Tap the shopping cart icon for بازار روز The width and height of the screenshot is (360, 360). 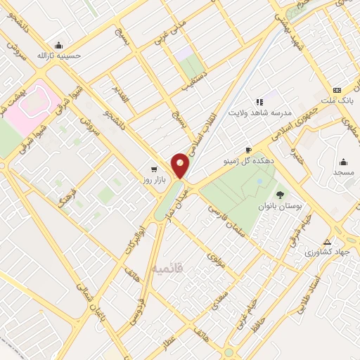pos(154,169)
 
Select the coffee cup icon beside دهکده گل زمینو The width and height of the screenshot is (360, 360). pos(247,150)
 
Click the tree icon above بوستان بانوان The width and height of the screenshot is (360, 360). pos(280,194)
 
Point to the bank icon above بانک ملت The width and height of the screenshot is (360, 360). pos(337,90)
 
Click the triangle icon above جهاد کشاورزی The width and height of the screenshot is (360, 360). pos(326,241)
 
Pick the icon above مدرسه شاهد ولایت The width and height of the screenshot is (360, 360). pos(259,101)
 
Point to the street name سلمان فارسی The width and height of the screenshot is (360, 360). pos(229,222)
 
